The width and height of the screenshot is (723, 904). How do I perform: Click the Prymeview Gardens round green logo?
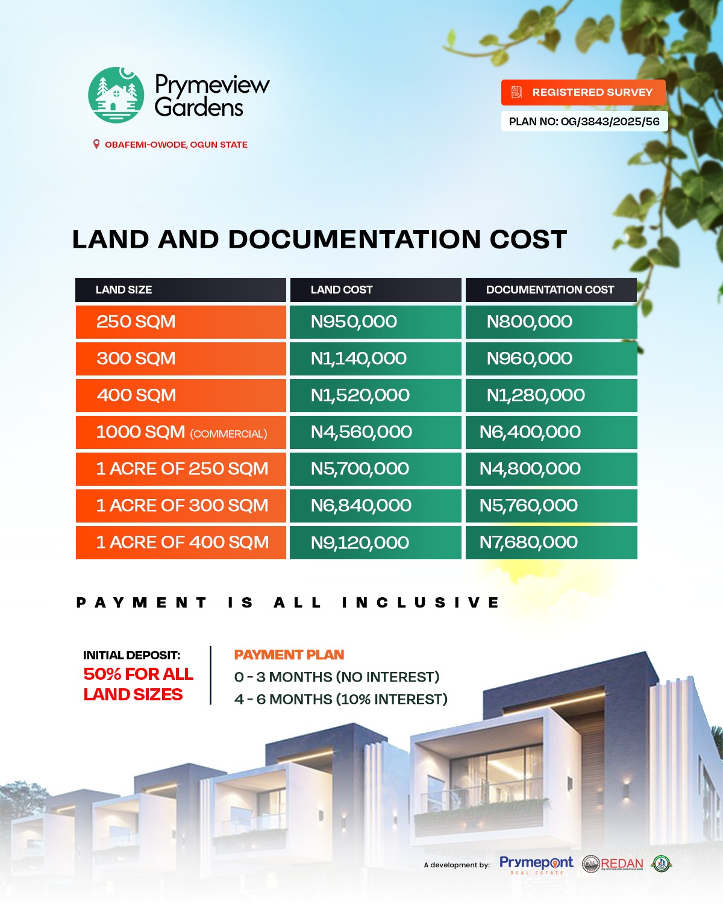[x=116, y=95]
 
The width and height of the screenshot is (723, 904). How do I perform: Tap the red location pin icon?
[x=96, y=145]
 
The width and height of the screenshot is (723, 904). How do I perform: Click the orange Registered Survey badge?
[x=583, y=92]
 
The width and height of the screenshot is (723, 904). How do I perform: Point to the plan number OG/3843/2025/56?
[x=610, y=122]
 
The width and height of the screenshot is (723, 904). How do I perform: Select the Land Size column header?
[x=124, y=290]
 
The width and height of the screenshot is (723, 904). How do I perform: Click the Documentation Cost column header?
[x=550, y=290]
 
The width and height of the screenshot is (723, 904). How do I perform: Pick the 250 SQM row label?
[x=136, y=322]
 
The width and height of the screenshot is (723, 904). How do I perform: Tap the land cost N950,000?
[x=354, y=322]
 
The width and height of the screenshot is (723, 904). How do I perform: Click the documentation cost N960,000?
[x=529, y=359]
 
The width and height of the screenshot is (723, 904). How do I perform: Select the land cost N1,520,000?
[x=360, y=395]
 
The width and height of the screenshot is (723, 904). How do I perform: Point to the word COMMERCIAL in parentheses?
[x=229, y=434]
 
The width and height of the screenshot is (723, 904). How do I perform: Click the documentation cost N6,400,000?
[x=530, y=432]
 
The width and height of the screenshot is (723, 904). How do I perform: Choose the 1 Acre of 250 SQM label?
[x=182, y=469]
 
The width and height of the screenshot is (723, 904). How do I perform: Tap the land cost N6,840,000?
[x=361, y=506]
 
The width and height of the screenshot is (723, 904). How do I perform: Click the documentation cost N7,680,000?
[x=528, y=542]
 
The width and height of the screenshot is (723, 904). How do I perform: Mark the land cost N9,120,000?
[x=360, y=542]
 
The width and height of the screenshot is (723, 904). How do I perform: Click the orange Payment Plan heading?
[x=289, y=655]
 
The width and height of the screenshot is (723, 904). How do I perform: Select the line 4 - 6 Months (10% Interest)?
[x=341, y=699]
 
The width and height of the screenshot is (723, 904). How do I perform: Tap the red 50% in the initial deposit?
[x=102, y=674]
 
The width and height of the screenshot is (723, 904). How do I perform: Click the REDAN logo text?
[x=622, y=864]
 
